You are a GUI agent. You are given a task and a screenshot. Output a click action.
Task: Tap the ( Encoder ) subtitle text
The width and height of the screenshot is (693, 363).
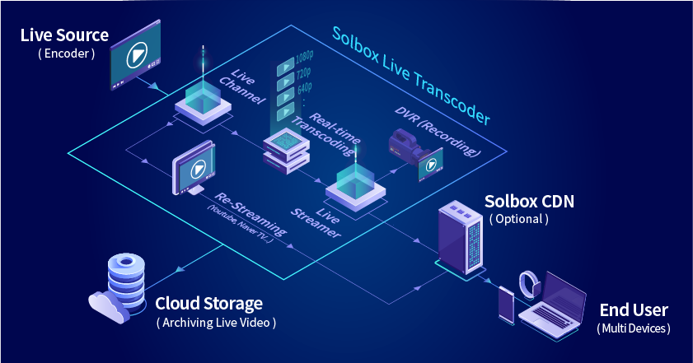tap(67, 54)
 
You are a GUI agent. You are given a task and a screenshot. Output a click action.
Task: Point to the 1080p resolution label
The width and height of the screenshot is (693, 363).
tap(303, 59)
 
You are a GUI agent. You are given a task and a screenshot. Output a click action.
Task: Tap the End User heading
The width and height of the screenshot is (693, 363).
tap(633, 310)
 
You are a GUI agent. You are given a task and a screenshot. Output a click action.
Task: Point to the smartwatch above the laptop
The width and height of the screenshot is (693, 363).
tap(531, 285)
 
